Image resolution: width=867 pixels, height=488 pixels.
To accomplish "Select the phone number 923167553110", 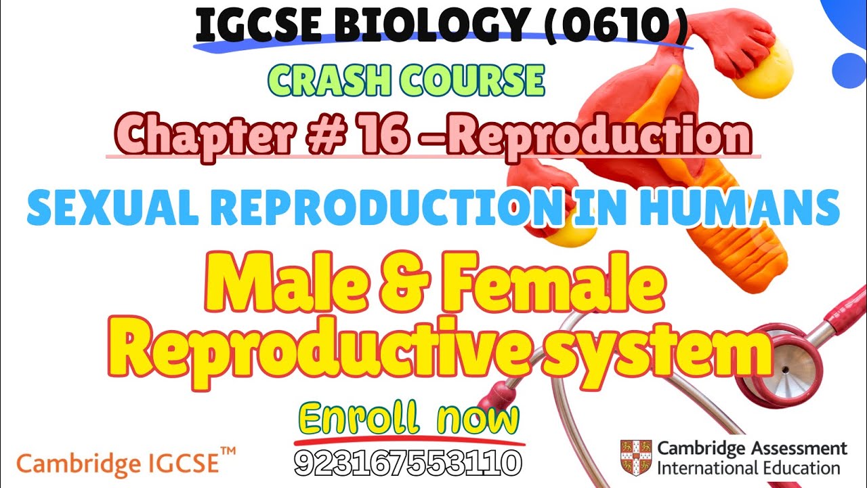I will pyautogui.click(x=408, y=463).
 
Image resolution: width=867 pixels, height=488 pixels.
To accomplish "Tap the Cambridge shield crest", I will pyautogui.click(x=635, y=457).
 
